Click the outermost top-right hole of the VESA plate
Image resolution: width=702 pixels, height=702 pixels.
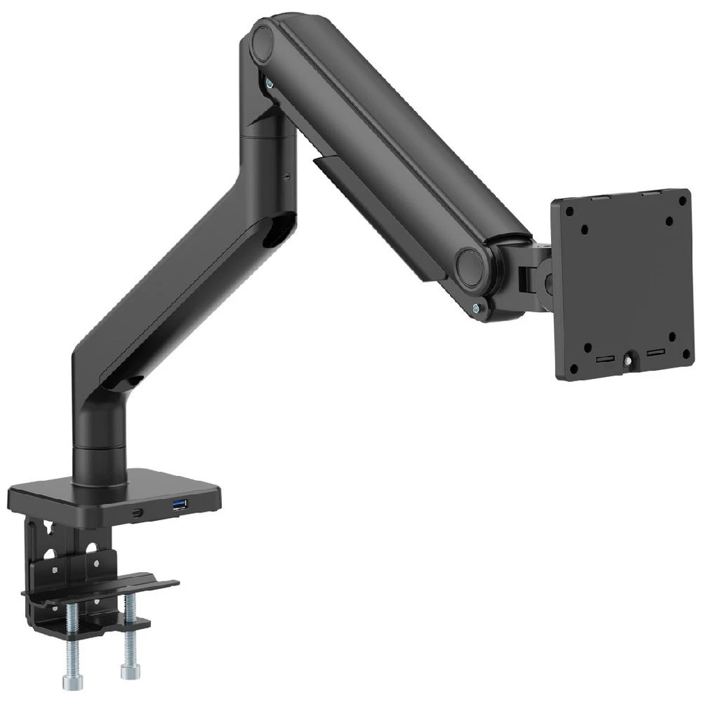point(681,200)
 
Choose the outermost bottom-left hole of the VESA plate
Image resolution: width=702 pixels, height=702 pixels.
point(574,369)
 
